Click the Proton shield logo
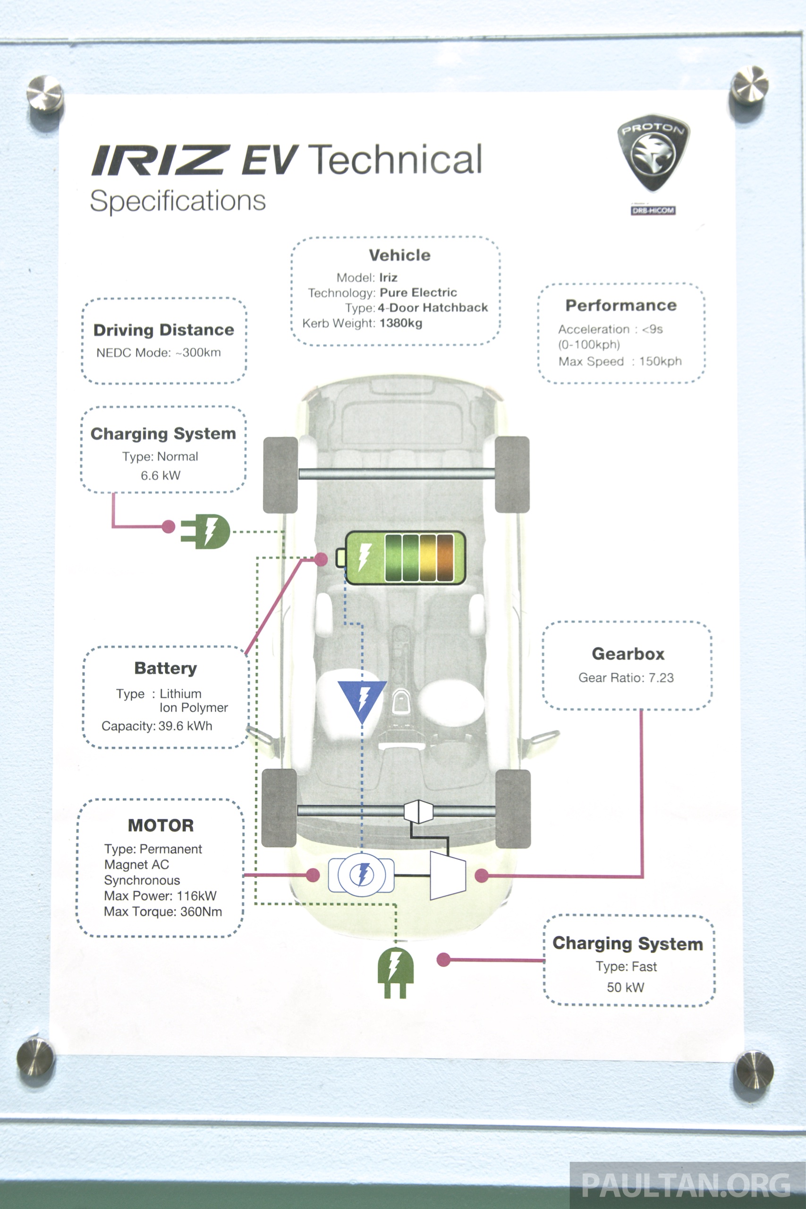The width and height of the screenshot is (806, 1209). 653,152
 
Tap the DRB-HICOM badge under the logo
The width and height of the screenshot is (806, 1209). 653,210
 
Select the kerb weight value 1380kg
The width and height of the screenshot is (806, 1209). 401,324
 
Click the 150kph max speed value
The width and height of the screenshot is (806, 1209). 660,361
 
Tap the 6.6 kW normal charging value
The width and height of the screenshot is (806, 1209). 161,476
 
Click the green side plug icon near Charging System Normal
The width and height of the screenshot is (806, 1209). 205,531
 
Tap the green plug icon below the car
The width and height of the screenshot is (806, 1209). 395,972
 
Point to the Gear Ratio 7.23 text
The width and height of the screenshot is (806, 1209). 626,678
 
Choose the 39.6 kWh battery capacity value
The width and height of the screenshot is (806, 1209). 185,726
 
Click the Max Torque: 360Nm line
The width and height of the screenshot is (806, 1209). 163,911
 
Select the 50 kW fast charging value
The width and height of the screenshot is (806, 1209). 625,987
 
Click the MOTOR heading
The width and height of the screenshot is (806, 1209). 161,826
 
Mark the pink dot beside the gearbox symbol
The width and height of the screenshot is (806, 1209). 482,876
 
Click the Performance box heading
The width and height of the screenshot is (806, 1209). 621,306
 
